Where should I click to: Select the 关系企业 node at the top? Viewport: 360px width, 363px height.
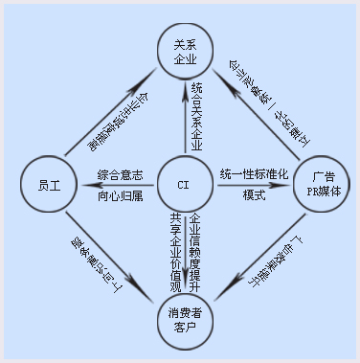(185, 52)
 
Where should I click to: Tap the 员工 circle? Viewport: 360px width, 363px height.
(46, 182)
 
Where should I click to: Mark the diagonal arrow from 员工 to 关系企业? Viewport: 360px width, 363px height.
(109, 112)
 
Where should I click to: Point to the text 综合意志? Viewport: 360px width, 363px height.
(121, 174)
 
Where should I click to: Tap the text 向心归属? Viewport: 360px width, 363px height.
(121, 195)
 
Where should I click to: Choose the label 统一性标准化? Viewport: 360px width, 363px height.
(254, 174)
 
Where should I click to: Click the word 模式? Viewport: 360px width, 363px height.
(253, 195)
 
